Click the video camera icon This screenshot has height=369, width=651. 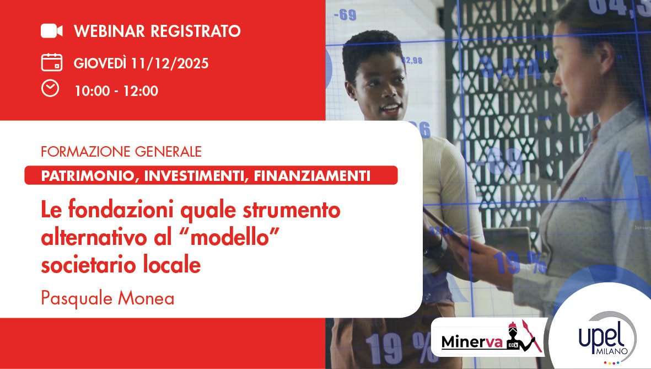[x=52, y=31]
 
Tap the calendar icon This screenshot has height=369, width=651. [x=51, y=62]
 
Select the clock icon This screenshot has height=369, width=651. [x=50, y=88]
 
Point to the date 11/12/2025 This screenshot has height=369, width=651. [x=170, y=63]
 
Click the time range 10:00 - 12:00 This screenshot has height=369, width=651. [x=116, y=91]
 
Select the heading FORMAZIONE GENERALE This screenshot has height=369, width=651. [x=121, y=151]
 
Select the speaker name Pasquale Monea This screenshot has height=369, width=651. [x=107, y=298]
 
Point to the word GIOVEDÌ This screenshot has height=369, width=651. [x=100, y=63]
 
